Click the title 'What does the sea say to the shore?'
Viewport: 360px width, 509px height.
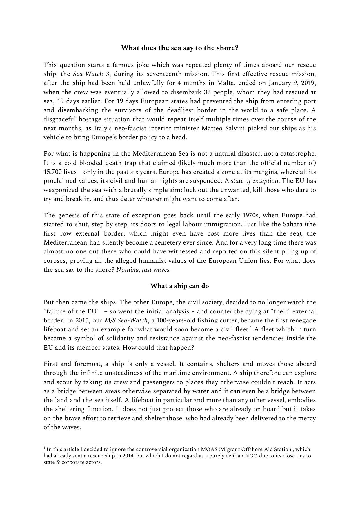(180, 48)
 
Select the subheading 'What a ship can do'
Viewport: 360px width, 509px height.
(180, 286)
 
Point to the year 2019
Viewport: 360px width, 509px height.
(308, 83)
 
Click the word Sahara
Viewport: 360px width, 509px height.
(293, 224)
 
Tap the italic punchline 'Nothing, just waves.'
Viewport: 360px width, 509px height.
(143, 270)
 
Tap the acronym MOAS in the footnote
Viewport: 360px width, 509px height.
(210, 449)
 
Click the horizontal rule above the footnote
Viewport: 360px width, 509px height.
(87, 443)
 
